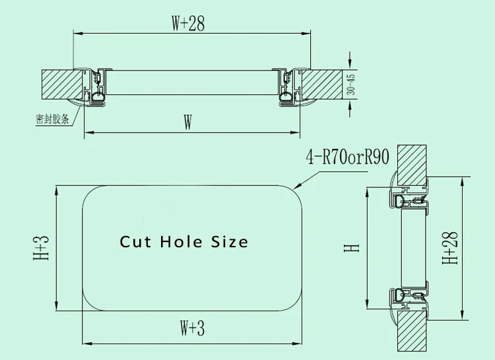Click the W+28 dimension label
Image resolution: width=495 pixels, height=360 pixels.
(188, 23)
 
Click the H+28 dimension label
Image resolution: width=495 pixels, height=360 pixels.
(450, 248)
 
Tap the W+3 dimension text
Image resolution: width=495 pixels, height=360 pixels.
(192, 328)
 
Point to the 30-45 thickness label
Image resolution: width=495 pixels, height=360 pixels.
(350, 84)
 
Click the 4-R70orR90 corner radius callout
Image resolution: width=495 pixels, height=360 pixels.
(348, 157)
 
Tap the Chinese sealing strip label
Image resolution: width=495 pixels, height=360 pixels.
(52, 119)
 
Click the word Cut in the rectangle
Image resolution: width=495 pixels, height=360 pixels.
(135, 242)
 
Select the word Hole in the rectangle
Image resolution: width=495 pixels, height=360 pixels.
(181, 242)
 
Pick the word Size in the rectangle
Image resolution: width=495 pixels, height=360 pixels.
(230, 242)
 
